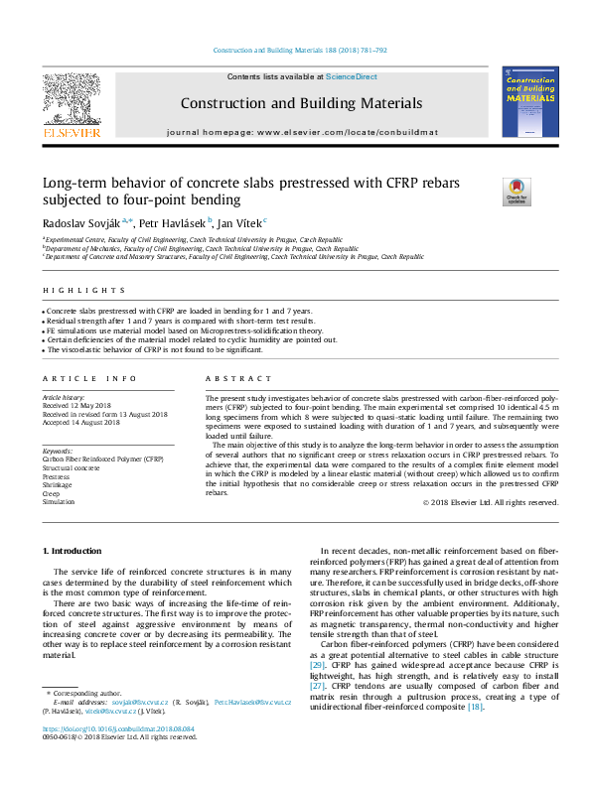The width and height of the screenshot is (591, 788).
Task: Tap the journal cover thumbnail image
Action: click(x=529, y=102)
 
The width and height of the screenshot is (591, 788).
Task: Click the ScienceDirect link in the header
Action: click(x=352, y=76)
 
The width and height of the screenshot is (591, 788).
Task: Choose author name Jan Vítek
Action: click(x=237, y=223)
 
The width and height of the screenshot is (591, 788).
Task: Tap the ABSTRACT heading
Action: click(x=238, y=379)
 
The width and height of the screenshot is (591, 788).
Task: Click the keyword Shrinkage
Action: click(x=58, y=485)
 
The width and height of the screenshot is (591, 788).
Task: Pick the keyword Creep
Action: click(x=52, y=494)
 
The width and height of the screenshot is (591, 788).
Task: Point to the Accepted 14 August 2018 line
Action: click(x=82, y=422)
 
